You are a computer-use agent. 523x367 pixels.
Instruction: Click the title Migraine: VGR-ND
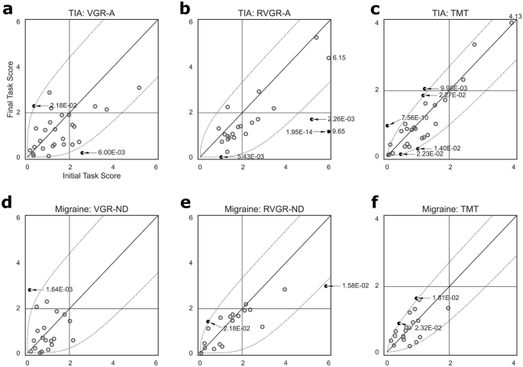92,208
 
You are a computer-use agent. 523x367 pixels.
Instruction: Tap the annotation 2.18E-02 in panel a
63,105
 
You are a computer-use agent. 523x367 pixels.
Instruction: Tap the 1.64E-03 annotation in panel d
58,289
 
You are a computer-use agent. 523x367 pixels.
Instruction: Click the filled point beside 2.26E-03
312,119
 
